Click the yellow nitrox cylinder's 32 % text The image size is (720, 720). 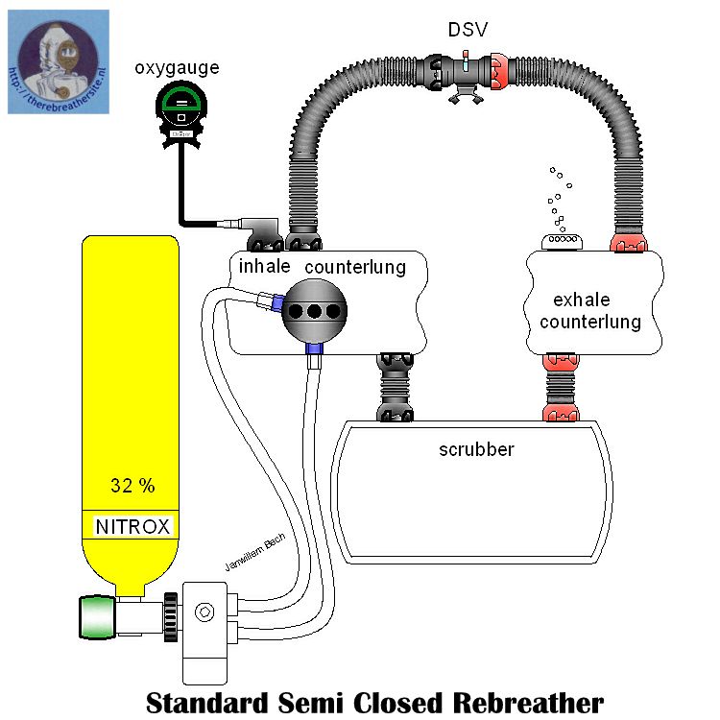coord(132,486)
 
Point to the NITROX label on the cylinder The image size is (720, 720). coord(132,526)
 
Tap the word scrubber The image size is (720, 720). coord(476,448)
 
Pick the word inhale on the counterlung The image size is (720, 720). coord(264,266)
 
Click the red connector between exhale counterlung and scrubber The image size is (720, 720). coord(562,389)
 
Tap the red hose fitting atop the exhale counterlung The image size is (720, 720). coord(631,241)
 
